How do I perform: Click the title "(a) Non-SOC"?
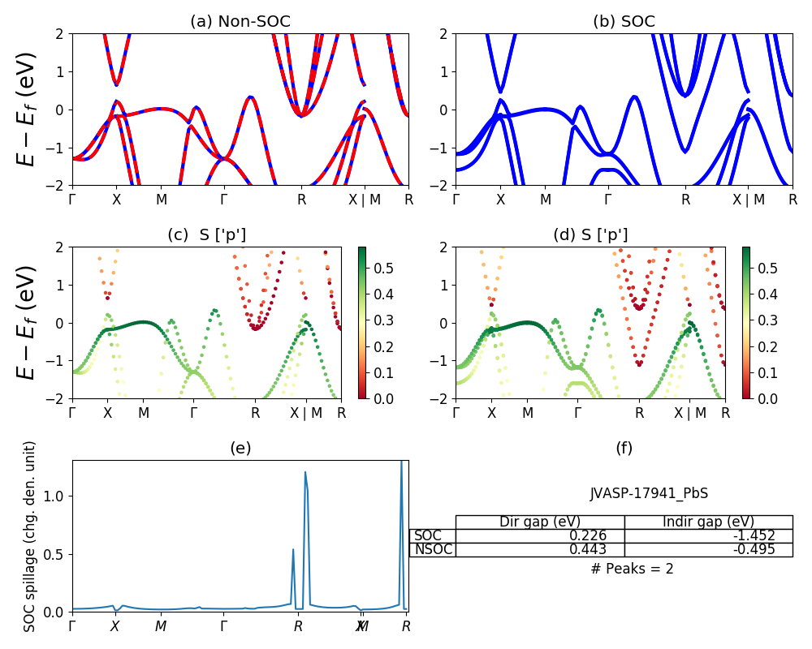click(240, 22)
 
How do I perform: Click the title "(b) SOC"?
click(624, 22)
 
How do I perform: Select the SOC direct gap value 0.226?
click(585, 535)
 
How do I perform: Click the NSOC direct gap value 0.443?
click(585, 549)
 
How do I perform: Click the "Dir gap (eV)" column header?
click(540, 522)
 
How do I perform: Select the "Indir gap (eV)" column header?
click(708, 522)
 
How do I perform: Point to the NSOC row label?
click(433, 549)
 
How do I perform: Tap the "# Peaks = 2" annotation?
click(632, 569)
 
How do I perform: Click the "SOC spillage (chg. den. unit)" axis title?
click(30, 536)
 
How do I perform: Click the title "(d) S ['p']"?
click(590, 235)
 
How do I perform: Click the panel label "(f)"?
click(624, 448)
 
